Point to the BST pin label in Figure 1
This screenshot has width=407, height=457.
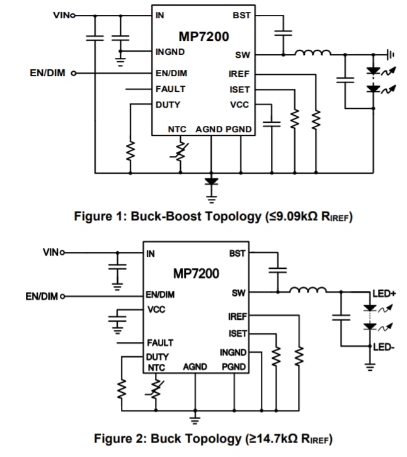[x=242, y=14]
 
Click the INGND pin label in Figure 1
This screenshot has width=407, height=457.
[x=170, y=52]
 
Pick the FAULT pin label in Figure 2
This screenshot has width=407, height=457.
[x=160, y=343]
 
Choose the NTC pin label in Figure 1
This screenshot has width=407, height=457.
[x=177, y=129]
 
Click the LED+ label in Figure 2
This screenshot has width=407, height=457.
[x=384, y=294]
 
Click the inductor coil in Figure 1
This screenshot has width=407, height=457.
[x=313, y=54]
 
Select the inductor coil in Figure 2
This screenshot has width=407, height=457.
[x=308, y=291]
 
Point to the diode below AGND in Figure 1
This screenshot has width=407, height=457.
[x=212, y=182]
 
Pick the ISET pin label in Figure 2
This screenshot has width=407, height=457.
[x=238, y=334]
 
